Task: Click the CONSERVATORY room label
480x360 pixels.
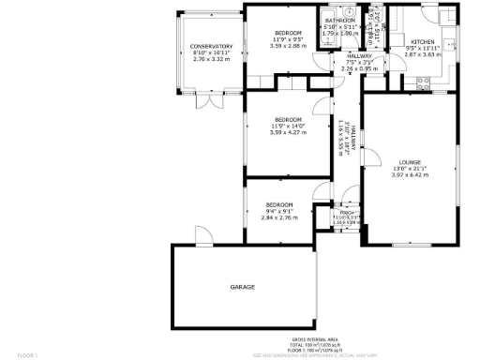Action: click(x=211, y=47)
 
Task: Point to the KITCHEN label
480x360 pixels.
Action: click(x=421, y=42)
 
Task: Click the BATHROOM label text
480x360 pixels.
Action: click(x=339, y=21)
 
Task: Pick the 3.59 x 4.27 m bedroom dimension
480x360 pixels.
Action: click(x=288, y=132)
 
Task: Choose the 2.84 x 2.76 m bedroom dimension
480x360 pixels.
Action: click(x=278, y=217)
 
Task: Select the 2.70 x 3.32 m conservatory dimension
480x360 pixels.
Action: click(x=211, y=59)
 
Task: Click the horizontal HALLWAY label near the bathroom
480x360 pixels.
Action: click(x=346, y=56)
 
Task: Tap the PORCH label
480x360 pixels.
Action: click(x=346, y=213)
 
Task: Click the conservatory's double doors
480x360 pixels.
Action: click(x=210, y=97)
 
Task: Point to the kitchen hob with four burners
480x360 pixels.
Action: click(x=421, y=81)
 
